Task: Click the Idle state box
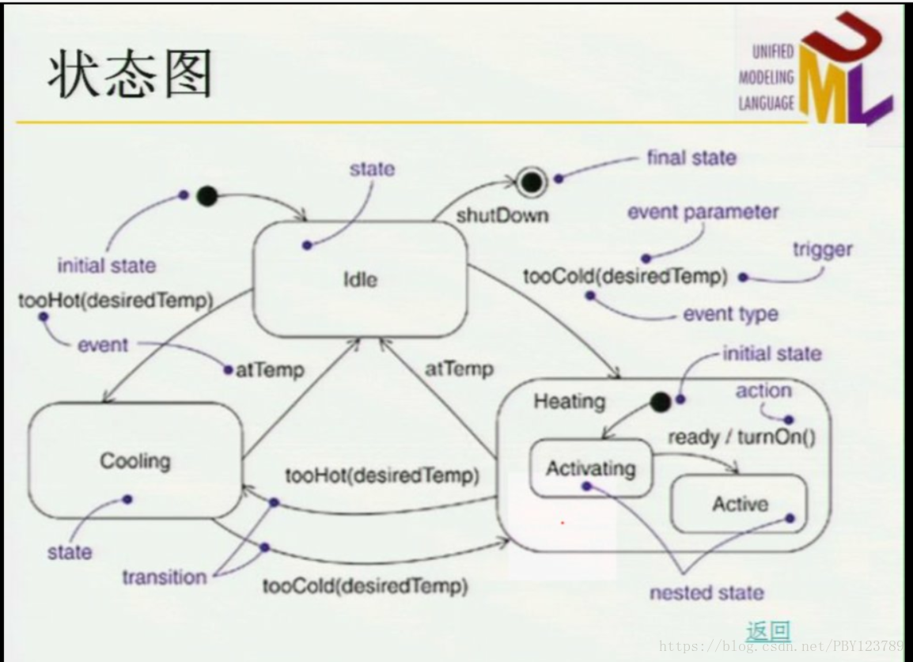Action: click(x=360, y=279)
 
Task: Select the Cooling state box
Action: click(x=134, y=460)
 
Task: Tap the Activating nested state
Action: click(x=590, y=469)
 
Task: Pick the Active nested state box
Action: click(x=739, y=504)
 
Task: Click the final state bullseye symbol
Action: click(x=532, y=183)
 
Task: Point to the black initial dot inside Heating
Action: click(x=660, y=402)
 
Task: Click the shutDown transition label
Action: click(x=502, y=215)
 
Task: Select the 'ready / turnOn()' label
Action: click(x=741, y=437)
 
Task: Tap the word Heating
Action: click(x=569, y=401)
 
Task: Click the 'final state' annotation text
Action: click(x=691, y=158)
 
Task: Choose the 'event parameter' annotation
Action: click(x=703, y=213)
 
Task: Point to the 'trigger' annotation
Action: click(x=823, y=250)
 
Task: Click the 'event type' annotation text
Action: click(x=730, y=314)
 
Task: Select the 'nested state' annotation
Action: click(x=707, y=592)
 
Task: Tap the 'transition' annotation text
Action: click(x=164, y=577)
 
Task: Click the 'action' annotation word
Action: click(x=763, y=391)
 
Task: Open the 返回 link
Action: click(x=767, y=630)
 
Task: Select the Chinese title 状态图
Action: click(x=131, y=77)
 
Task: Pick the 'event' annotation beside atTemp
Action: click(x=102, y=346)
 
